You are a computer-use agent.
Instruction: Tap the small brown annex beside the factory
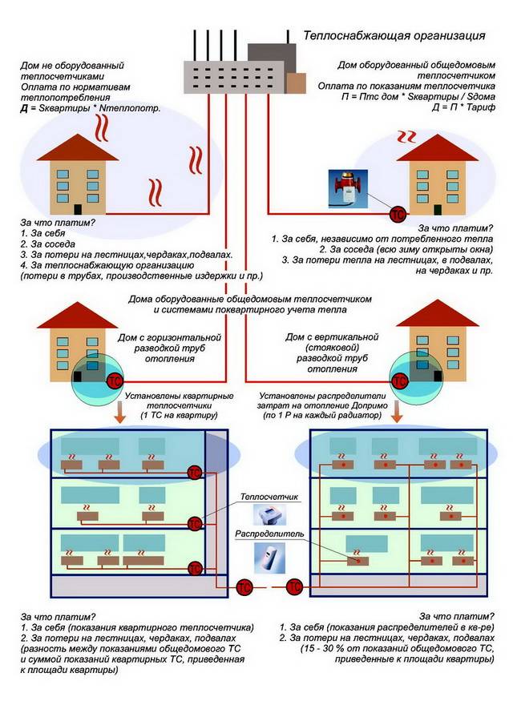tap(296, 83)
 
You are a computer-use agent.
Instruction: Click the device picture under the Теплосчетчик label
tap(265, 515)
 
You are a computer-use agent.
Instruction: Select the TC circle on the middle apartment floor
tap(194, 524)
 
